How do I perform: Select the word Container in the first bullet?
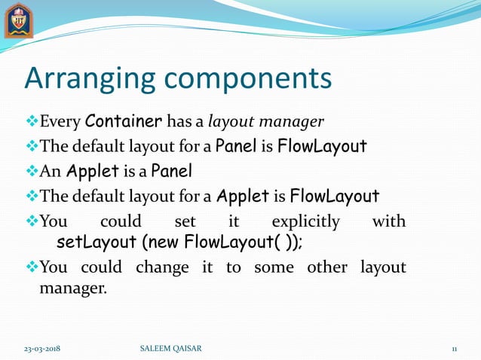point(124,121)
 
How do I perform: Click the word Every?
point(60,121)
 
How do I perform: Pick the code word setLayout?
point(96,244)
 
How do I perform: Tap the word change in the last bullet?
point(162,267)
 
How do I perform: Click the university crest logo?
point(18,20)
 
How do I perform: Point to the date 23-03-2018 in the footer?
point(41,348)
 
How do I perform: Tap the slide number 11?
point(455,348)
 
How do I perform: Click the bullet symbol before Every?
point(32,121)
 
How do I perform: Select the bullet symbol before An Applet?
point(32,172)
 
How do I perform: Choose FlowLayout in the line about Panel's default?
point(322,145)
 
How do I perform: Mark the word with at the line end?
point(389,222)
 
